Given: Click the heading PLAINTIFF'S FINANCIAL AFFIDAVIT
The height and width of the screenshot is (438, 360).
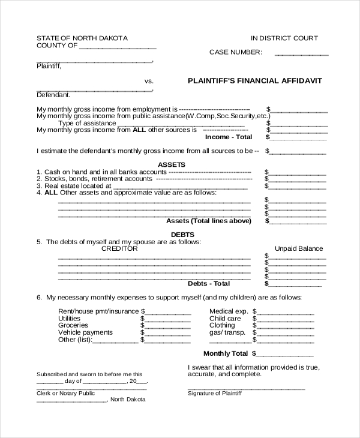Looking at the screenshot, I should [x=255, y=80].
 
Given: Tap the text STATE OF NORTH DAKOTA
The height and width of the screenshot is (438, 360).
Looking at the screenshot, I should [x=82, y=38].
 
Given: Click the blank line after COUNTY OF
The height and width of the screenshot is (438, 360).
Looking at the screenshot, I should [x=118, y=46].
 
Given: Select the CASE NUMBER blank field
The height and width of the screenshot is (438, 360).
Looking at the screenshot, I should [x=301, y=53].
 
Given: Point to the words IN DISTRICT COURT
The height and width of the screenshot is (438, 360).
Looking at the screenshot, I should [x=284, y=38].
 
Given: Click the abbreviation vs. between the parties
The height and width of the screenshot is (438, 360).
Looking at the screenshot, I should [x=149, y=80].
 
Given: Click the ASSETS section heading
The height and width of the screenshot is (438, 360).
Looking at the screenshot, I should [x=172, y=164].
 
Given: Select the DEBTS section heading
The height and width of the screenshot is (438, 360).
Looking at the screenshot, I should [x=182, y=235].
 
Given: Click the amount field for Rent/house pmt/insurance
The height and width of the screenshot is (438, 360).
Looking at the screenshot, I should [x=168, y=311].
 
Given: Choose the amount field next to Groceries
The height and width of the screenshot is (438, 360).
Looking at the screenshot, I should [x=168, y=325].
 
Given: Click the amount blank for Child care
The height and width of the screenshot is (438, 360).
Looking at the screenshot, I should [x=287, y=319].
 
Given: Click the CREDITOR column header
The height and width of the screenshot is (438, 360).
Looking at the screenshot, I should [x=119, y=248].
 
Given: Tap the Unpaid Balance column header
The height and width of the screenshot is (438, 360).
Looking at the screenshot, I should [x=299, y=248].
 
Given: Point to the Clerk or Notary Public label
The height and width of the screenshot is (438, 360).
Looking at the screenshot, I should [x=66, y=393].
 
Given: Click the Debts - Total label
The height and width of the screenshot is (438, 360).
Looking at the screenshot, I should [x=209, y=283].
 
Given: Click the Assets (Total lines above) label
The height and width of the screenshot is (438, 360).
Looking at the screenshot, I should [x=208, y=221].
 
